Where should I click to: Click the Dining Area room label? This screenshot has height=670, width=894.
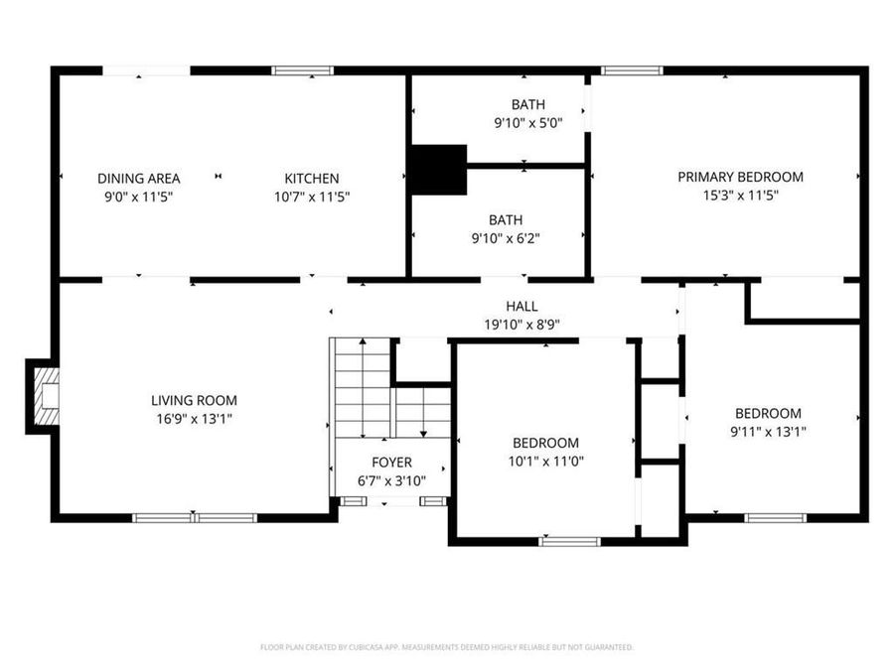pyautogui.click(x=138, y=179)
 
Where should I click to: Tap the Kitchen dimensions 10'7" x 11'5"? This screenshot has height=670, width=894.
pyautogui.click(x=312, y=197)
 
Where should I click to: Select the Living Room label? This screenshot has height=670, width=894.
pyautogui.click(x=194, y=400)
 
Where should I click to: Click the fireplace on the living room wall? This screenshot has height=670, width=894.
pyautogui.click(x=44, y=397)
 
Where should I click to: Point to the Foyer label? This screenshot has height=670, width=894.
pyautogui.click(x=391, y=463)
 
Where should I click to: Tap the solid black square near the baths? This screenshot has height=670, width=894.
pyautogui.click(x=438, y=170)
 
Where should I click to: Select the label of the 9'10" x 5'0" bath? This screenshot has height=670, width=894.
pyautogui.click(x=527, y=104)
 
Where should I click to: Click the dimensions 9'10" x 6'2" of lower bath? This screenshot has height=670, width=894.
pyautogui.click(x=527, y=237)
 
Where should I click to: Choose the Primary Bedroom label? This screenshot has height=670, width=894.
pyautogui.click(x=740, y=177)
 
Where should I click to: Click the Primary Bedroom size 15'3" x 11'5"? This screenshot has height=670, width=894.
pyautogui.click(x=740, y=196)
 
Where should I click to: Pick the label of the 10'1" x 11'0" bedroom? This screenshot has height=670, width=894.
pyautogui.click(x=545, y=443)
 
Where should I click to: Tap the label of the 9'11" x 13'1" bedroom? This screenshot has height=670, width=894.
pyautogui.click(x=768, y=413)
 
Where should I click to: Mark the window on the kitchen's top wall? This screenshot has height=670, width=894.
pyautogui.click(x=303, y=70)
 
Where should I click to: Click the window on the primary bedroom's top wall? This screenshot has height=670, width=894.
pyautogui.click(x=632, y=70)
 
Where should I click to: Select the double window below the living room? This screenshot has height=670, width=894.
pyautogui.click(x=195, y=517)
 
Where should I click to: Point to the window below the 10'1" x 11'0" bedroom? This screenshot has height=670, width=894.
pyautogui.click(x=569, y=541)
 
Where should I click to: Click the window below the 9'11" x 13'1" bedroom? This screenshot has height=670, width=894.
pyautogui.click(x=775, y=517)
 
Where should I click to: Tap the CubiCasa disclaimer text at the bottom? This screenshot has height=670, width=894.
pyautogui.click(x=446, y=647)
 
